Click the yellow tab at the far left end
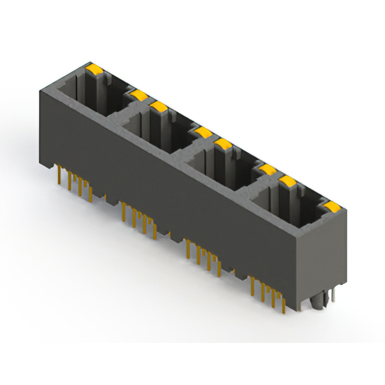pos(94,69)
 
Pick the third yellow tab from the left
pos(159,107)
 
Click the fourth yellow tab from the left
pos(203,131)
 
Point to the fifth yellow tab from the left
pos(224,144)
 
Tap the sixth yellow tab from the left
pos(267,169)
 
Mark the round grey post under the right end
pos(318,304)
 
